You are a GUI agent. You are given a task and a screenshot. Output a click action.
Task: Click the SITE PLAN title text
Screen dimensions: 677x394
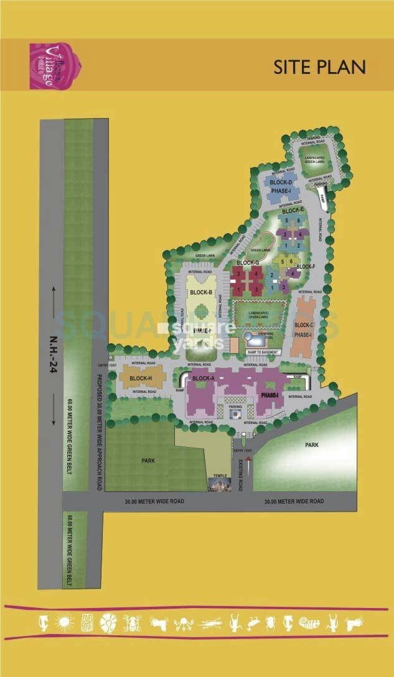click(x=319, y=67)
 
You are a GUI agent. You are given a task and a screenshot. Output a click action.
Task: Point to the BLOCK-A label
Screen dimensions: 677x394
click(x=204, y=378)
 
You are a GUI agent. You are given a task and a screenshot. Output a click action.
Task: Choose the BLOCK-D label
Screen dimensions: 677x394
click(x=281, y=182)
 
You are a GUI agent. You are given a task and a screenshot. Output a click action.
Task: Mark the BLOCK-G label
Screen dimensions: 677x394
click(x=247, y=263)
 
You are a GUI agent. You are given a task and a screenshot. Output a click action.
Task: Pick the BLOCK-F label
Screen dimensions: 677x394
click(x=306, y=267)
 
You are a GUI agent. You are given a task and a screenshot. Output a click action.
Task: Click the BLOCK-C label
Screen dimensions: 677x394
click(x=303, y=325)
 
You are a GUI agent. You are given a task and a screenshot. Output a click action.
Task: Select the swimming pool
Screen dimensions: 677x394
click(x=255, y=338)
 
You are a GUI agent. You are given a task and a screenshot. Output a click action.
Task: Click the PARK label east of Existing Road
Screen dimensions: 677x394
click(x=311, y=445)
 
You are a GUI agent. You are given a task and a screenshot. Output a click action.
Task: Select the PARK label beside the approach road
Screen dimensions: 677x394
click(x=148, y=461)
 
